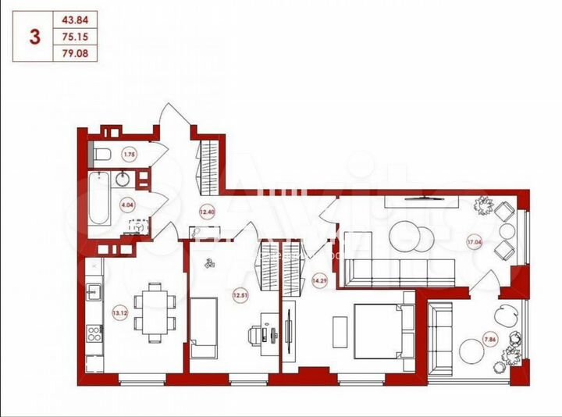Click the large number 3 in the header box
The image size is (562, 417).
pyautogui.click(x=34, y=37)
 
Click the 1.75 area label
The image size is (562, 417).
pyautogui.click(x=130, y=155)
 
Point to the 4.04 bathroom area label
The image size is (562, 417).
pyautogui.click(x=126, y=205)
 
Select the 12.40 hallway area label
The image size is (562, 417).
pyautogui.click(x=207, y=211)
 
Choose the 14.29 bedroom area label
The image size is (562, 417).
pyautogui.click(x=318, y=280)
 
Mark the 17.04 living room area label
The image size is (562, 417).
pyautogui.click(x=475, y=242)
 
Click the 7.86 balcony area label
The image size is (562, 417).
pyautogui.click(x=489, y=338)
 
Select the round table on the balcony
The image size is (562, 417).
pyautogui.click(x=473, y=351)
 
